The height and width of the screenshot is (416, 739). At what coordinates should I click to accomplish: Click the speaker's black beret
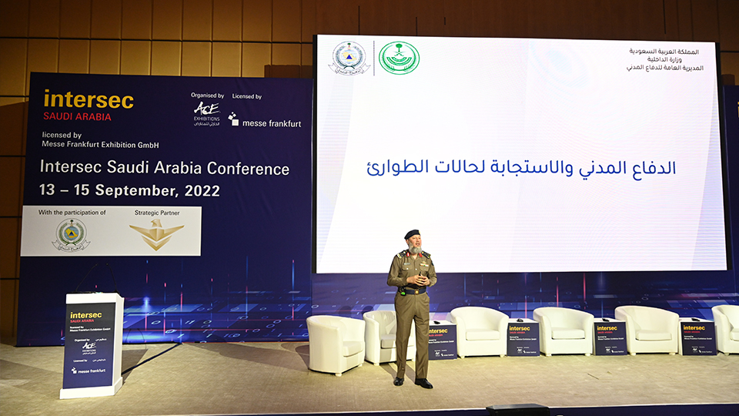pos(412,233)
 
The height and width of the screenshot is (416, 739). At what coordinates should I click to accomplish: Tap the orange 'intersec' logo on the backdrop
pos(89,100)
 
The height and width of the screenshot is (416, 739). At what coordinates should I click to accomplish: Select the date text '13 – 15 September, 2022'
pos(130,190)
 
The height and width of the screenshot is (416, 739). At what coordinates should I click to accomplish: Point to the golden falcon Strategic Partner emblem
pos(156,234)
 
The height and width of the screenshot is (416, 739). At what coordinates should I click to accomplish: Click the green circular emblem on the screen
pos(399,58)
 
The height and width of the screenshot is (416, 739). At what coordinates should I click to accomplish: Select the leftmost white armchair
pos(336,344)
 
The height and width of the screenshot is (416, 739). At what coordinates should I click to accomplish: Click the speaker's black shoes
pos(412,382)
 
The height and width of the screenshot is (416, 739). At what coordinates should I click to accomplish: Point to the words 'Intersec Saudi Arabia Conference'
pos(165,168)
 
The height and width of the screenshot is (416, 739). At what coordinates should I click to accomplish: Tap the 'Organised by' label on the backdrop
pos(207,96)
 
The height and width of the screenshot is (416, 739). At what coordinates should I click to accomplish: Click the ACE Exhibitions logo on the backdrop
pos(206,113)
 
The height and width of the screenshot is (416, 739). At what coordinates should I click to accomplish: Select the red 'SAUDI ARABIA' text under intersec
pos(78,117)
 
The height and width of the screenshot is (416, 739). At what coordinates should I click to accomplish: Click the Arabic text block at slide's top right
pos(664,59)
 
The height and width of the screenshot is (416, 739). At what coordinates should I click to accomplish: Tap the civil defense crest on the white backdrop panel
pos(71,235)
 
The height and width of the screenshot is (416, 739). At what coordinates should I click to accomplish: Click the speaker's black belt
pos(412,290)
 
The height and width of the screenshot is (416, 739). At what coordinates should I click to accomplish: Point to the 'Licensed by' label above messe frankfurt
pos(246,97)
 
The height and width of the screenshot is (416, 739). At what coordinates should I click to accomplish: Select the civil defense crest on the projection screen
pos(349,58)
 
